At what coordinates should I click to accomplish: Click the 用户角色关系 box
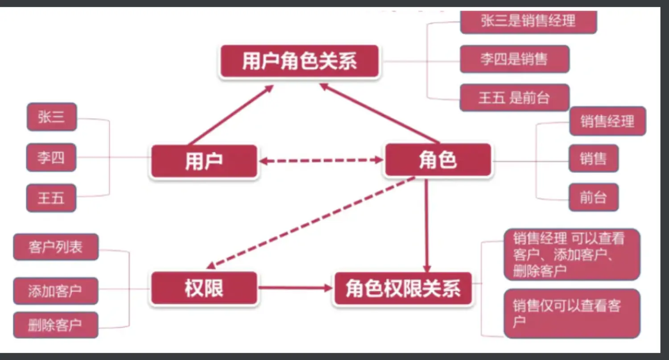coord(299,62)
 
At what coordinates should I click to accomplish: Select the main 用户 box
coord(204,161)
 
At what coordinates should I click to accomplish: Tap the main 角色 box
coord(438,160)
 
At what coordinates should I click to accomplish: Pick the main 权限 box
coord(204,288)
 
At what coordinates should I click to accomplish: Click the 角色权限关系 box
coord(402,289)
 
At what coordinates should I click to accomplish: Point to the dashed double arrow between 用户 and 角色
coord(321,160)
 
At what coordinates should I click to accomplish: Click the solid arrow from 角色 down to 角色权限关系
coord(426,223)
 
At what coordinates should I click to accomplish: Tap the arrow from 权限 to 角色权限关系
coord(294,288)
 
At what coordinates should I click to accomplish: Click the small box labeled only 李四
coord(51,157)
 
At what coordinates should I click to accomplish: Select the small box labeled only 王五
coord(51,198)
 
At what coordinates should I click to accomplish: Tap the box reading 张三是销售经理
coord(528,21)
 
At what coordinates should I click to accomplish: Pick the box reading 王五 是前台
coord(514,97)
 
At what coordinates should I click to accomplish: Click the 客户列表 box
coord(56,247)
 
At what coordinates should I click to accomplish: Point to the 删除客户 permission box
coord(55,325)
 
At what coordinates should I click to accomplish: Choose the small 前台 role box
coord(593,197)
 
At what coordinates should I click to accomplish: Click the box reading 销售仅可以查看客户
coord(572,313)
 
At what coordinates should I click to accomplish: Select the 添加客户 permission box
coord(55,291)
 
